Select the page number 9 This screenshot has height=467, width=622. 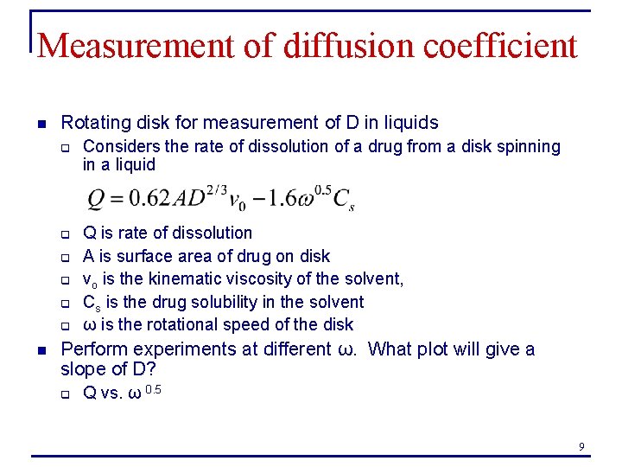pyautogui.click(x=581, y=446)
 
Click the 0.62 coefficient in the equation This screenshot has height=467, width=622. pyautogui.click(x=148, y=198)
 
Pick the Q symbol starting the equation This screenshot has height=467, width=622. pyautogui.click(x=97, y=199)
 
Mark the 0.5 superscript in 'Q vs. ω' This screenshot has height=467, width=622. pyautogui.click(x=153, y=389)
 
